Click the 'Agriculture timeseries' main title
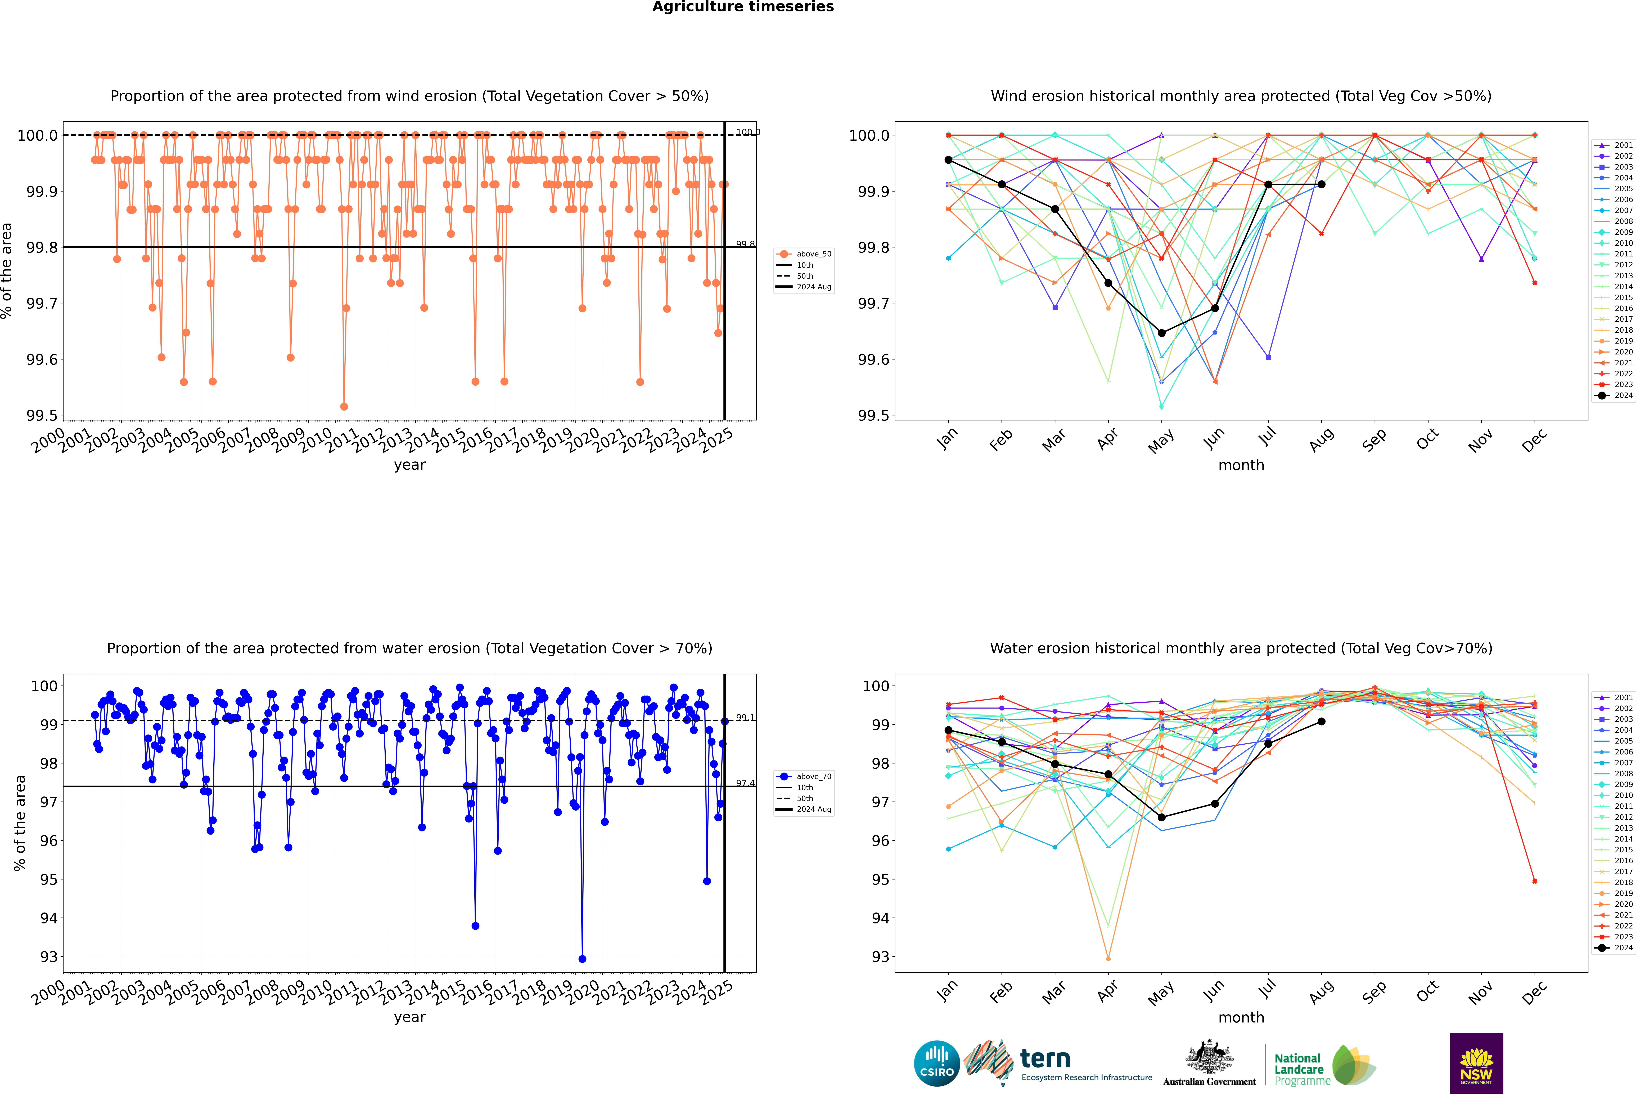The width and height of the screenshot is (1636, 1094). pos(743,7)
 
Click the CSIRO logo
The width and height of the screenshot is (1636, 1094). pos(937,1063)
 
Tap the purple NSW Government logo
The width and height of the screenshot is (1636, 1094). pos(1476,1063)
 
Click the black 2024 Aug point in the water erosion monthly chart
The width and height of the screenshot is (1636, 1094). pos(1322,721)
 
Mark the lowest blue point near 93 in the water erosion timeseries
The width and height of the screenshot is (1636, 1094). pos(582,959)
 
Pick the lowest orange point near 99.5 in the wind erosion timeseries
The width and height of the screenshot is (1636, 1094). pos(344,406)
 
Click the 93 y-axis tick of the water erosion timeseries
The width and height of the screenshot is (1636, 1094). pos(49,957)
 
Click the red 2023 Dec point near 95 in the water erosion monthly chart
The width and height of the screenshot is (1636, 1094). pos(1534,881)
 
